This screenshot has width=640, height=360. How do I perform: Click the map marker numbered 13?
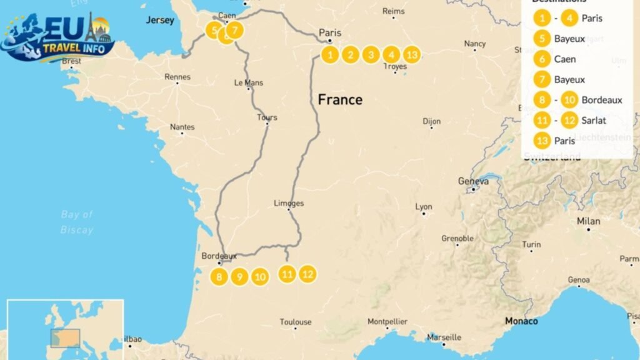(x=411, y=55)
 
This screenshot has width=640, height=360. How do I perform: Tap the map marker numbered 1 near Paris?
(x=330, y=55)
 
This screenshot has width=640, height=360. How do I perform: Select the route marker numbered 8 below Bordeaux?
(x=219, y=276)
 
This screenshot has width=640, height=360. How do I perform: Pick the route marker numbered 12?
(x=307, y=274)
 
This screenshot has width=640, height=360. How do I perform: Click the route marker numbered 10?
(x=261, y=276)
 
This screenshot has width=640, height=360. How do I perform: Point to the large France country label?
(x=340, y=99)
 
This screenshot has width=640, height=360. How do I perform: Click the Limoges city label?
(x=289, y=203)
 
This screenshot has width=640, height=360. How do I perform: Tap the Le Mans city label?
(x=249, y=82)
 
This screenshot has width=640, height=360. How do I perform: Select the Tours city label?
(x=267, y=117)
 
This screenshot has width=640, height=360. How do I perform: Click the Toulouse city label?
(x=296, y=322)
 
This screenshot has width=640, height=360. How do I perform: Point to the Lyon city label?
(x=424, y=207)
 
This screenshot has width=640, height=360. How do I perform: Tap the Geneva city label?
(x=473, y=181)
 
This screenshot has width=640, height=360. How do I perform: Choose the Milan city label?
(x=588, y=221)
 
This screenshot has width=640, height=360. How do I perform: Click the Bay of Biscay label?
(x=77, y=222)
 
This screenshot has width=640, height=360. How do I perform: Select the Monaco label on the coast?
(x=521, y=321)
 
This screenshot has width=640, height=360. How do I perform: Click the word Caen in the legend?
(x=565, y=59)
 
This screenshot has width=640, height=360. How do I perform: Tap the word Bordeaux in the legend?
(x=601, y=100)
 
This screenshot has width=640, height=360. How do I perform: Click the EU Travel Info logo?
(x=57, y=39)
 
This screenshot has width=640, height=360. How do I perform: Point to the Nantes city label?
(x=182, y=127)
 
